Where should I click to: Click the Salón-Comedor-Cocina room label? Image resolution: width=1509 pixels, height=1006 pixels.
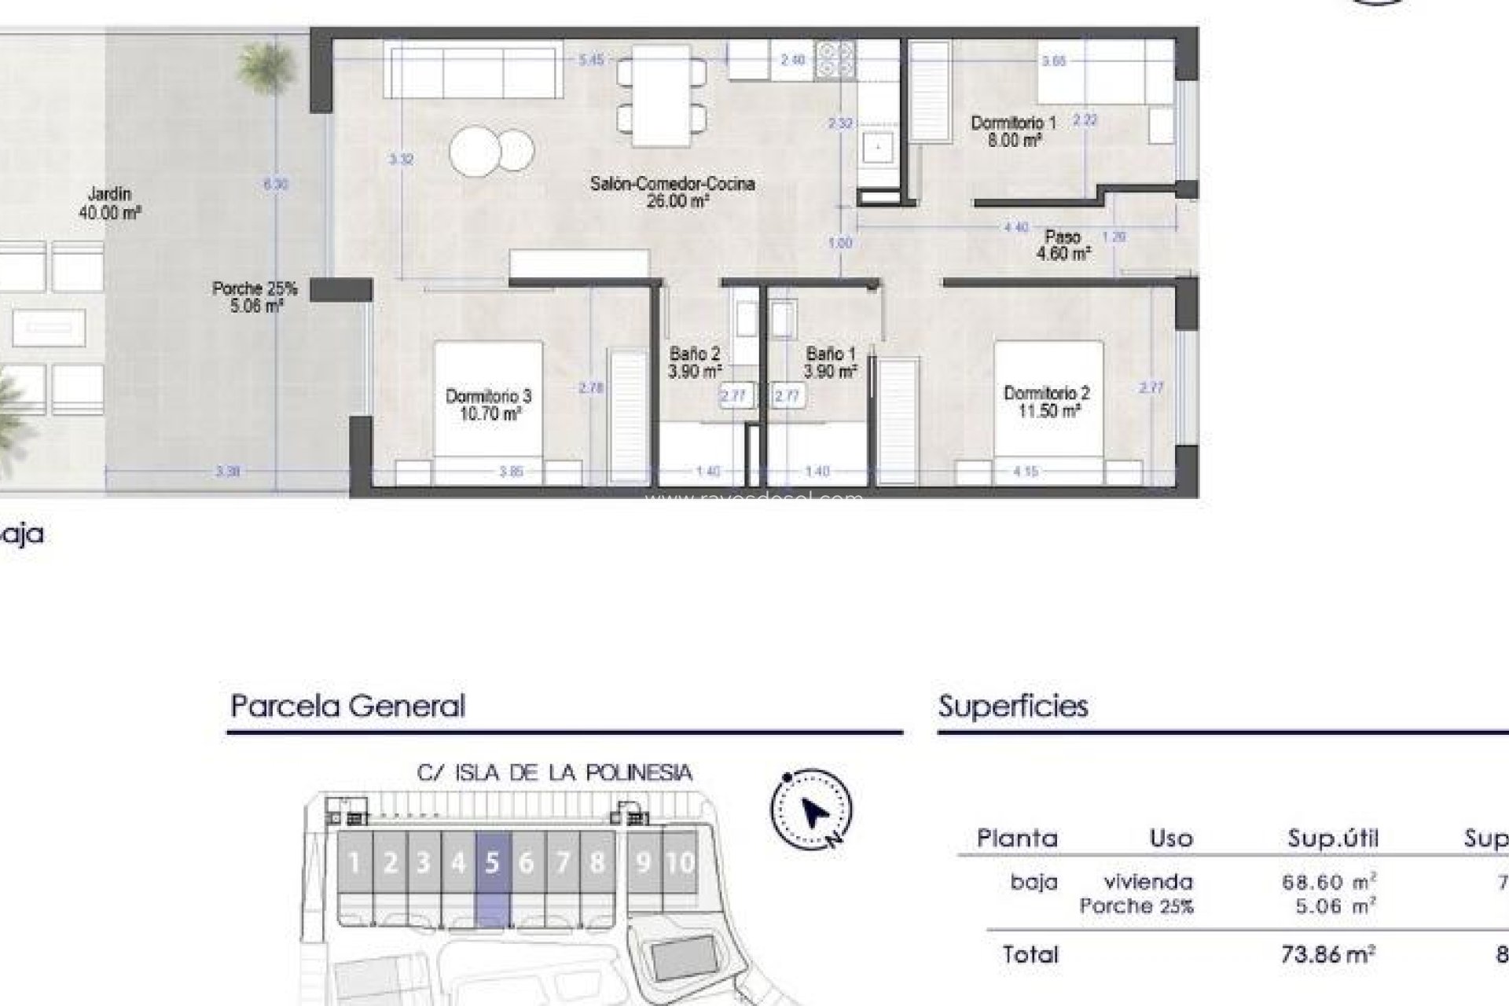click(672, 192)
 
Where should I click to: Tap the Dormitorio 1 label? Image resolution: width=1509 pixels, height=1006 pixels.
click(1013, 131)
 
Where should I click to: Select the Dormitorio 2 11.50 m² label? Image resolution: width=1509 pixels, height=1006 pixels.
click(1046, 402)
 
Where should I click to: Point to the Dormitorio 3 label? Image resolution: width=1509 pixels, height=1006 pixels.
click(488, 405)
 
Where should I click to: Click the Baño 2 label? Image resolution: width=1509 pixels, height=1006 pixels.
click(694, 362)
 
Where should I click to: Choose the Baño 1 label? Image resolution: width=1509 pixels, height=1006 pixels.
click(830, 362)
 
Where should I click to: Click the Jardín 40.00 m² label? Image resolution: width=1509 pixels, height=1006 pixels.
click(109, 202)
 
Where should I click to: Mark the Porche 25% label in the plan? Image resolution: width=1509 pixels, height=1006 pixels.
click(255, 297)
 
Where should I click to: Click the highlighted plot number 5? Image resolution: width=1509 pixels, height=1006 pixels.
click(493, 863)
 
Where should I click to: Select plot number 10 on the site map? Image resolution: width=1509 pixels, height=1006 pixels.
click(680, 863)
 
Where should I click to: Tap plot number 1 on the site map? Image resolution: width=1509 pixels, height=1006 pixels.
click(354, 863)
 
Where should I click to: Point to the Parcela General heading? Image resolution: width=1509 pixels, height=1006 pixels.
click(347, 706)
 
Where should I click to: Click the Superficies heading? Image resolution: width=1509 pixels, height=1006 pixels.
click(1013, 706)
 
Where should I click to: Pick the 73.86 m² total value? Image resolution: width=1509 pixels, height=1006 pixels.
click(1327, 955)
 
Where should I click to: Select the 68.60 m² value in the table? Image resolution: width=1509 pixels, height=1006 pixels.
click(1328, 882)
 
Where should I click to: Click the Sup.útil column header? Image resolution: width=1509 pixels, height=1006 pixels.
click(1333, 839)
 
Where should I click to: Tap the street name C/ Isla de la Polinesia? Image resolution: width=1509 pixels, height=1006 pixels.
click(554, 773)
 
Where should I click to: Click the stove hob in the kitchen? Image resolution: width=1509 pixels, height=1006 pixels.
click(835, 61)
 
